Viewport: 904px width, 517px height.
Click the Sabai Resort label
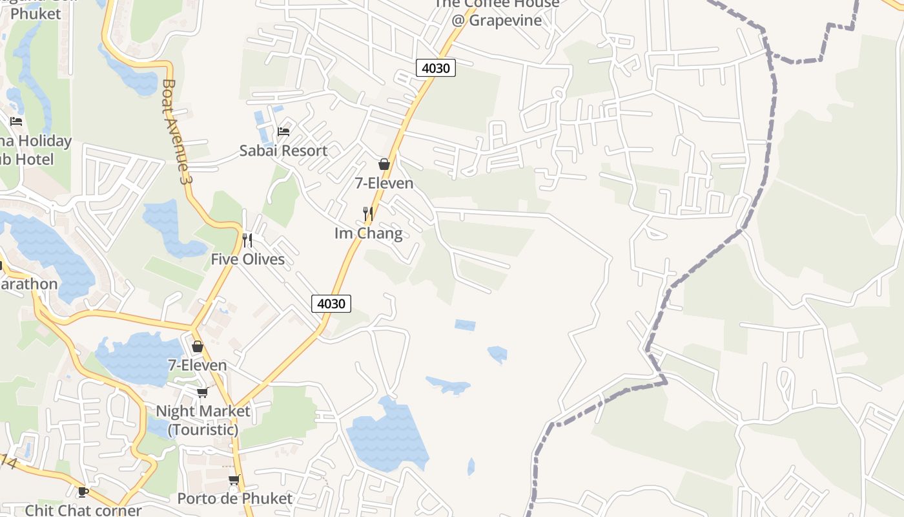283,151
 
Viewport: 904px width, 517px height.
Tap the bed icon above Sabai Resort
283,132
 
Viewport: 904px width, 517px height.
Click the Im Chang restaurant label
368,233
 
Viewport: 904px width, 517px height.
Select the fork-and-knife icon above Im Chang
368,213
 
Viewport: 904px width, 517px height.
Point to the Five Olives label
248,259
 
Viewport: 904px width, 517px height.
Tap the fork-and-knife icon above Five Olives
247,240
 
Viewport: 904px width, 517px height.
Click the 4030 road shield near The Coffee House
436,68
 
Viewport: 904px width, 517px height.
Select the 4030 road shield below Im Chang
331,303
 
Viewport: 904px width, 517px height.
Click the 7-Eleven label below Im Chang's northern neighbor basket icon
384,183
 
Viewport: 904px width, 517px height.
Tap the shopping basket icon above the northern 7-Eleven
384,164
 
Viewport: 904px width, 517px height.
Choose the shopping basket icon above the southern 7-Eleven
198,346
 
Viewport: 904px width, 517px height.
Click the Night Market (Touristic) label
203,420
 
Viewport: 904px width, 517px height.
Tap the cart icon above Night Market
202,392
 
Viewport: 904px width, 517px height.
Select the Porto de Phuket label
235,498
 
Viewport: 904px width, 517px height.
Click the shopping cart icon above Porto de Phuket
234,480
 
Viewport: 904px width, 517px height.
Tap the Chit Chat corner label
83,510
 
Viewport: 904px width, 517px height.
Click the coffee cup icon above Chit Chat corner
83,492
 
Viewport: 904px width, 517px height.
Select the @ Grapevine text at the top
496,19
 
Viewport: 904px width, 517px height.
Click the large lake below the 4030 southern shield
387,436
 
